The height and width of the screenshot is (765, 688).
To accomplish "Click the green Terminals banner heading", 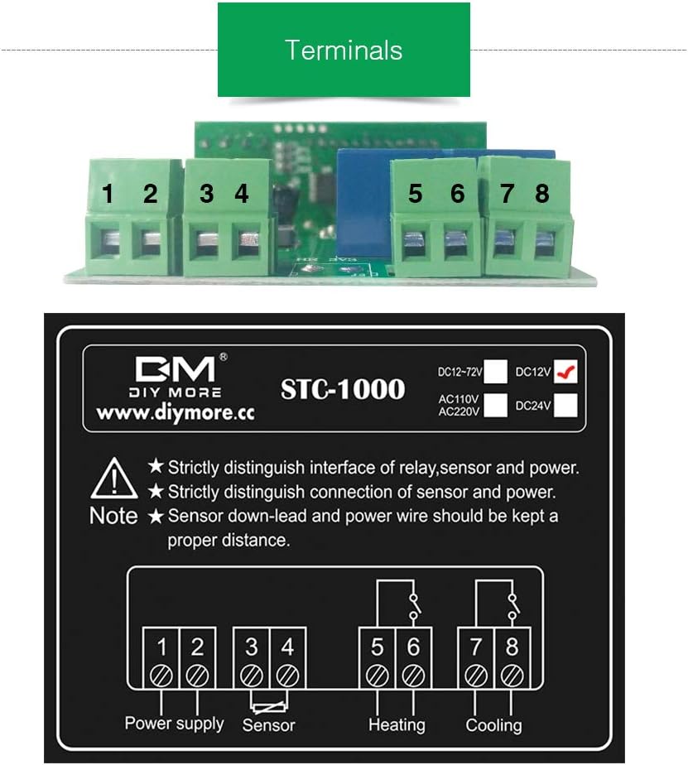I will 344,50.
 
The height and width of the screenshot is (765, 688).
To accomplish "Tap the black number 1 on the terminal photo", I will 108,194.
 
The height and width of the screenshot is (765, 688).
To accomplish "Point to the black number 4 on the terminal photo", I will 241,194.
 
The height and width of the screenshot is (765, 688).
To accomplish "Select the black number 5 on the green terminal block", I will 415,194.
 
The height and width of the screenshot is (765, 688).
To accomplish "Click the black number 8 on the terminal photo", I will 541,194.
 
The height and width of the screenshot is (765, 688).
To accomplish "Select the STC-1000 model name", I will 343,388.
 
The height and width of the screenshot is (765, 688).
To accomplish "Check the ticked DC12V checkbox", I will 567,372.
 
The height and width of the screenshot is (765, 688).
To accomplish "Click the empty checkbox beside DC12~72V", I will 496,372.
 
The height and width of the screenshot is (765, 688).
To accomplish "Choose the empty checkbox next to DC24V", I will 567,405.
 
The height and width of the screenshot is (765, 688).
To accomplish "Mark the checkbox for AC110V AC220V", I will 496,405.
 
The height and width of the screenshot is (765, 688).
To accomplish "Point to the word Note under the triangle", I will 113,516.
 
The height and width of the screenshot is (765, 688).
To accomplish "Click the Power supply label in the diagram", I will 174,723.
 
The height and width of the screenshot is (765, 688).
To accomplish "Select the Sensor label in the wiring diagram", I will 268,725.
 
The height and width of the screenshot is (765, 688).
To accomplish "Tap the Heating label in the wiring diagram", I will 397,725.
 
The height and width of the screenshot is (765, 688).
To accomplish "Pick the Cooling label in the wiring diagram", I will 494,725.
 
